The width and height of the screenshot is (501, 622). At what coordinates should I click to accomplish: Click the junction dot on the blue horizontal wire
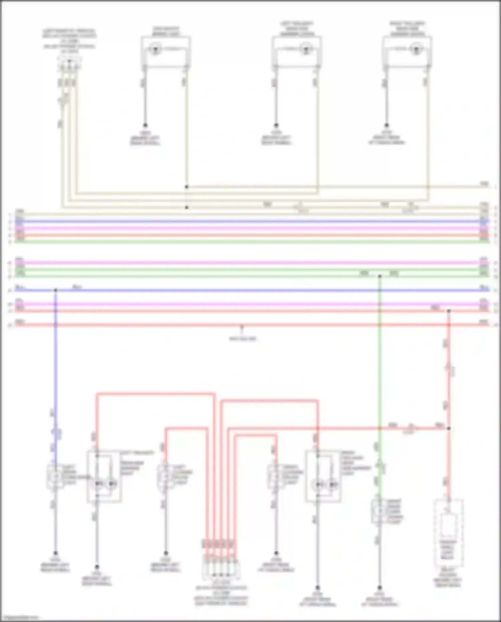click(x=55, y=290)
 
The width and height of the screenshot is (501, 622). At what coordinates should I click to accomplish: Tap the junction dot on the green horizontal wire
click(x=379, y=276)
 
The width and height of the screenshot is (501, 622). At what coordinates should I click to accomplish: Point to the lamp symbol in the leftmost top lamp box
click(x=155, y=50)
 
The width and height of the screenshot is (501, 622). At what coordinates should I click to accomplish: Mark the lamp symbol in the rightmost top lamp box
click(x=416, y=50)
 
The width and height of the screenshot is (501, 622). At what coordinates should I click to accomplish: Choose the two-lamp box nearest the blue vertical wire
click(x=104, y=476)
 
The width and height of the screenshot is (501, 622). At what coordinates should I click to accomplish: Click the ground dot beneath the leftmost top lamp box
click(x=145, y=125)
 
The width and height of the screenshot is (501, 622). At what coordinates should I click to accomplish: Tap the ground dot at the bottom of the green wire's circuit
click(x=379, y=587)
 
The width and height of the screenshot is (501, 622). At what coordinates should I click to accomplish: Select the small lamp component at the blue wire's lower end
click(x=55, y=477)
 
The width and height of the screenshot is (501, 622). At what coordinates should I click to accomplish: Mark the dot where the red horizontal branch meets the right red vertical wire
click(x=449, y=428)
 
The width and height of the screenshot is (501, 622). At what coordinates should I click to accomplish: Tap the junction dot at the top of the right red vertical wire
click(x=449, y=311)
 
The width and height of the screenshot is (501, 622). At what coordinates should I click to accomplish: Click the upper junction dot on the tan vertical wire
click(x=187, y=187)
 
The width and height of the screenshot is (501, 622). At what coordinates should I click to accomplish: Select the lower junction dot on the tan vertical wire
click(x=187, y=208)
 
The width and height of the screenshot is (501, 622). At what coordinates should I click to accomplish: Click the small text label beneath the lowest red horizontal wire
click(x=242, y=339)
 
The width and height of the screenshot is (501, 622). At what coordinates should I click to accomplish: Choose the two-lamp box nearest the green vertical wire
click(x=323, y=476)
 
